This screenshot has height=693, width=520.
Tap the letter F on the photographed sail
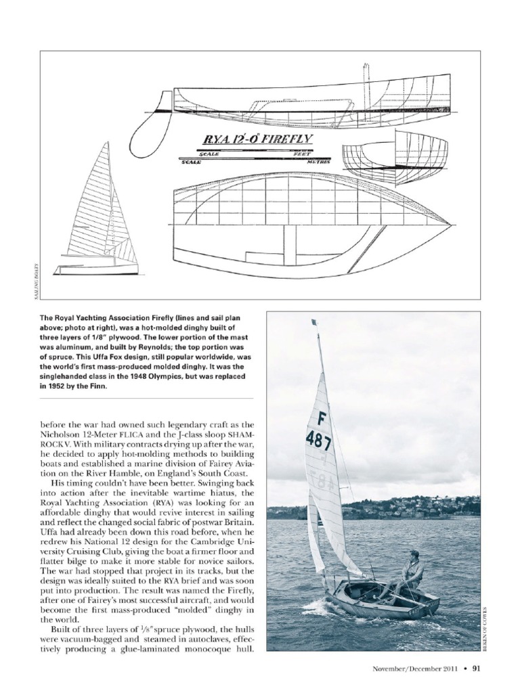322,420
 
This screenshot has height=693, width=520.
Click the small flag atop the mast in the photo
313,323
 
